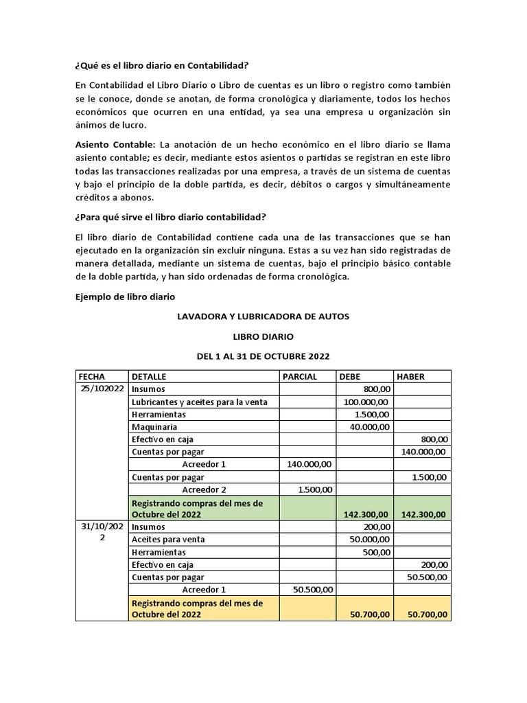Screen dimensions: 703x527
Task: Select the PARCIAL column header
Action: tap(300, 376)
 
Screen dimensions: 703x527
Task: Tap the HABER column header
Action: tap(411, 376)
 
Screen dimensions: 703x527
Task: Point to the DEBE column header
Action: tap(349, 376)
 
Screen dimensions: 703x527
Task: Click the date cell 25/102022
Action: tap(100, 389)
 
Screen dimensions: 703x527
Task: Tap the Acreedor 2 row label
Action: tap(204, 489)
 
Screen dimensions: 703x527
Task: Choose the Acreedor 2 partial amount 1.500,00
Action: tap(316, 489)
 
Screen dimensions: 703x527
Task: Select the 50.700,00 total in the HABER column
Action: tap(426, 614)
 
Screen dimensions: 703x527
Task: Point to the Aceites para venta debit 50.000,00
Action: tap(369, 540)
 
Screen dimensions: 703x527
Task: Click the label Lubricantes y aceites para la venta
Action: tap(200, 402)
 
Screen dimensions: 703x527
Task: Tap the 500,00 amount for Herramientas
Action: tap(377, 552)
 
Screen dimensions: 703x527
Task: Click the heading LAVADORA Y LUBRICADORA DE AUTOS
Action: tap(263, 316)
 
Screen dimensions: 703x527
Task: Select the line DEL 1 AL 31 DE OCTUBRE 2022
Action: tap(263, 356)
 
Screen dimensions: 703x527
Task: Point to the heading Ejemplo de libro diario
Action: tap(124, 297)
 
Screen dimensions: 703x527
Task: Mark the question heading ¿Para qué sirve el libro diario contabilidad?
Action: tap(169, 218)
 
